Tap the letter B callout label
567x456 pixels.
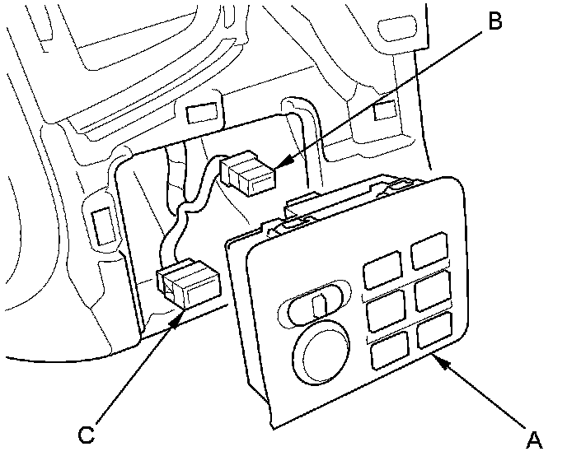494,21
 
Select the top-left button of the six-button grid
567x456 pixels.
381,270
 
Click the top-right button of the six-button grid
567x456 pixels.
429,249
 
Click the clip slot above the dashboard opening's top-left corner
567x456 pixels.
201,113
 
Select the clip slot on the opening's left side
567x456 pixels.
101,223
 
